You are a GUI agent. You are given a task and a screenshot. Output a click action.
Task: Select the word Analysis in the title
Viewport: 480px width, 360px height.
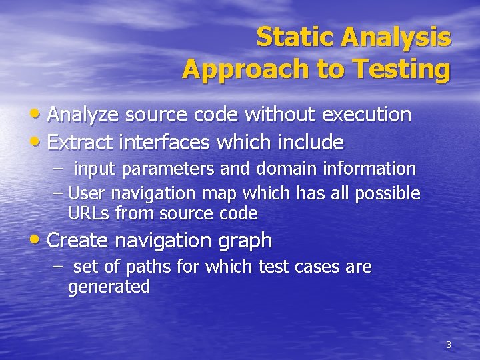[396, 37]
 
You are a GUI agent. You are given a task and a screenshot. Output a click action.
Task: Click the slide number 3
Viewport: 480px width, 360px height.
[448, 345]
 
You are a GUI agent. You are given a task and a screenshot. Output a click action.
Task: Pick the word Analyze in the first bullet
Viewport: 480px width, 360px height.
[83, 115]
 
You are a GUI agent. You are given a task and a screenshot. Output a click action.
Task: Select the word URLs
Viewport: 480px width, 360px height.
[89, 213]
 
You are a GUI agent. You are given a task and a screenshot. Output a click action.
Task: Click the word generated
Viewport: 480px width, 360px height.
[109, 287]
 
